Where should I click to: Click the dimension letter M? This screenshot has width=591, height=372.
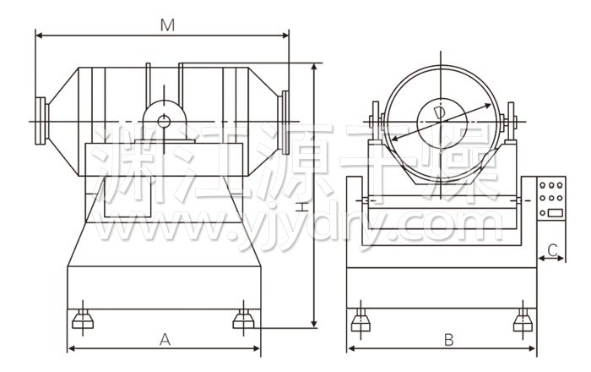pos(168,25)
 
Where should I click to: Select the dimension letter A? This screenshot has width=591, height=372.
pos(165,340)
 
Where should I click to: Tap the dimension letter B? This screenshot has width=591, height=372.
pos(448,340)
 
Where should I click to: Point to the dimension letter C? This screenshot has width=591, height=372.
pos(552,249)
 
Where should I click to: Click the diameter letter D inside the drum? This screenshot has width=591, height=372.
pos(439,113)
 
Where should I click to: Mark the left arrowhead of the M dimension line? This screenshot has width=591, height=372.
pos(39,36)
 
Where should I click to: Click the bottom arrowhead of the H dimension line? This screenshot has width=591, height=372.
pos(314,324)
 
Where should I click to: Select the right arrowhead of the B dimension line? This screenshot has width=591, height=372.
pos(533,348)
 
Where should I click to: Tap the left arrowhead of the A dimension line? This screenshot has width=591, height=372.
pos(71,348)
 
